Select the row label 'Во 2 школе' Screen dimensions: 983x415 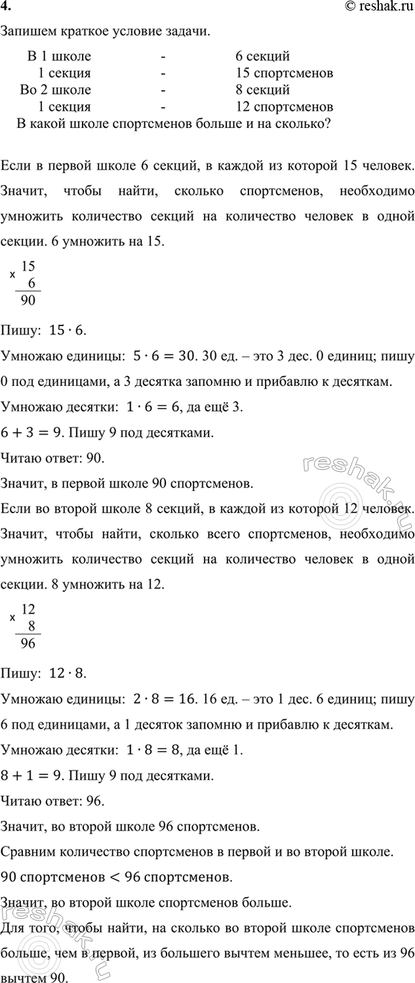[56, 90]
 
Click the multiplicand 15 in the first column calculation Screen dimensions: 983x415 [28, 266]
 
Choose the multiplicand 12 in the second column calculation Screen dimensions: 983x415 [28, 609]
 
